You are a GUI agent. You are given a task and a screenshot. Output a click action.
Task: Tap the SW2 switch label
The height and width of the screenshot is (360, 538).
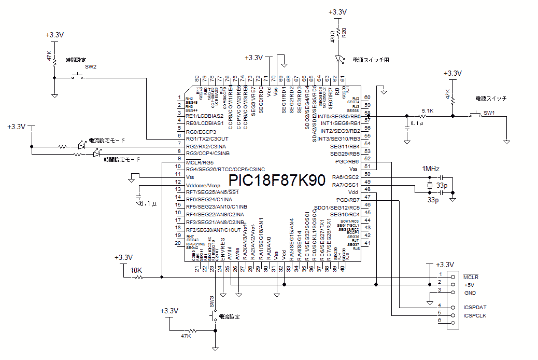tap(91, 67)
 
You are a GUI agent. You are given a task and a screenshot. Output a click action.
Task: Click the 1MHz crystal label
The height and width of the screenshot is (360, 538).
tap(431, 170)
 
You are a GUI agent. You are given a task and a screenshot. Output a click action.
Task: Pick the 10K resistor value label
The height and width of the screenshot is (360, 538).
tap(136, 271)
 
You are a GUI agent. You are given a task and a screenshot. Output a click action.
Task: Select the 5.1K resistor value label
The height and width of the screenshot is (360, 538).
tap(428, 111)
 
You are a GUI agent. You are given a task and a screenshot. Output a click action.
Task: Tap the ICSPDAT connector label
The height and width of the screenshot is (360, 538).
tap(474, 307)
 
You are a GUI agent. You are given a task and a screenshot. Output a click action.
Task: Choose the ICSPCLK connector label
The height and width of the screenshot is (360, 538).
tap(475, 315)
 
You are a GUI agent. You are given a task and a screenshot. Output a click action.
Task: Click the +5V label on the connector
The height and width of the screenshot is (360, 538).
tap(469, 285)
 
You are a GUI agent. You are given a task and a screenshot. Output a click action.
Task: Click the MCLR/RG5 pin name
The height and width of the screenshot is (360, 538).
tap(200, 162)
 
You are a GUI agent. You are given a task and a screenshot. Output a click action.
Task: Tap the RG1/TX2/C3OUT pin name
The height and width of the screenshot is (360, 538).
tap(207, 139)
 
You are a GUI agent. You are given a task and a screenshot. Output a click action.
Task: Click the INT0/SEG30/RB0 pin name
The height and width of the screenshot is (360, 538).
tap(339, 116)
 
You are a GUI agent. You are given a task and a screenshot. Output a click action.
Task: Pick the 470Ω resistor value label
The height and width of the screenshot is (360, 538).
tap(333, 36)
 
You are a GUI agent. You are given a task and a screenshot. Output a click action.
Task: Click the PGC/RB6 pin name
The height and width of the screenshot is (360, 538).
tap(348, 162)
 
